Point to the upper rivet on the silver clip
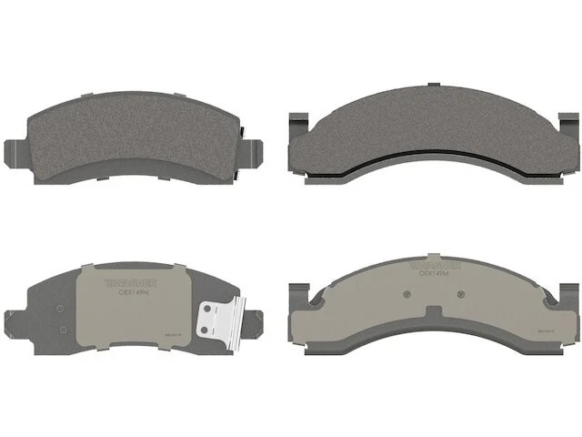tap(214, 309)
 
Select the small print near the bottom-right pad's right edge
tap(545, 331)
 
